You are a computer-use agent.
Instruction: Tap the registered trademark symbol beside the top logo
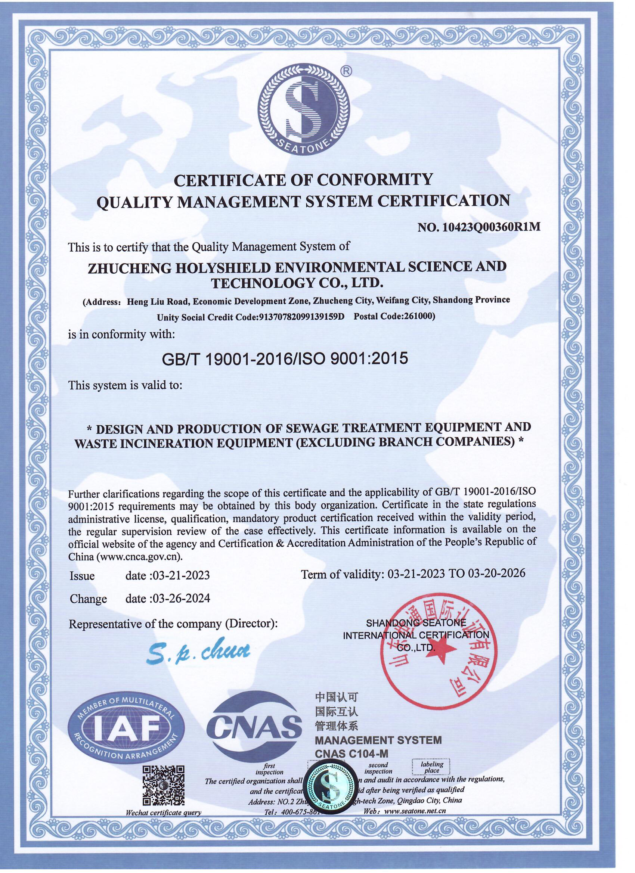[x=347, y=71]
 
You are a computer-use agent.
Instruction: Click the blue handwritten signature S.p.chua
[x=199, y=651]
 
